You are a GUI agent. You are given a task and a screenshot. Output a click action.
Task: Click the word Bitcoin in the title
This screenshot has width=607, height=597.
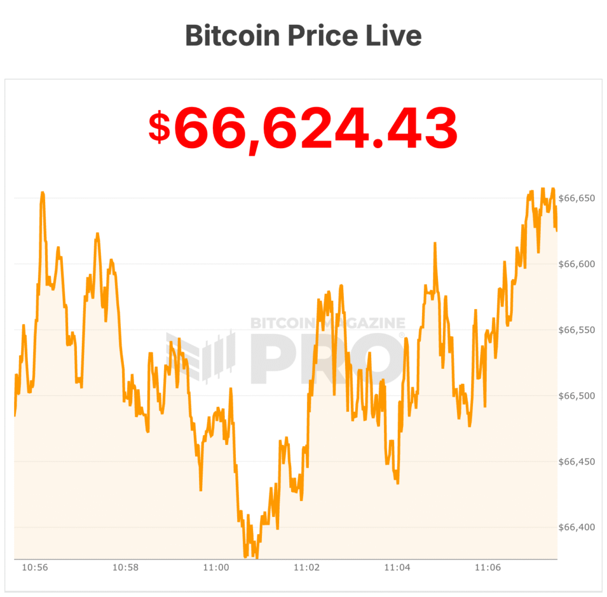(231, 36)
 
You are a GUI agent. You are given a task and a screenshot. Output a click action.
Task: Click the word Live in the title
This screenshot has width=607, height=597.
(394, 36)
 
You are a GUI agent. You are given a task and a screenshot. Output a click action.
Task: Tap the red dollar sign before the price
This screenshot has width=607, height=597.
(159, 129)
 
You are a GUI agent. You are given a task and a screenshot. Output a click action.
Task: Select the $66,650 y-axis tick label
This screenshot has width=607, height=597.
(577, 198)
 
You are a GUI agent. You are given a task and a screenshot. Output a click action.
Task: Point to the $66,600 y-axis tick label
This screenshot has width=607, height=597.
(577, 264)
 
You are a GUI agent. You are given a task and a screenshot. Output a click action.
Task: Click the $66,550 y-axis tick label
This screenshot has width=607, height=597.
(577, 330)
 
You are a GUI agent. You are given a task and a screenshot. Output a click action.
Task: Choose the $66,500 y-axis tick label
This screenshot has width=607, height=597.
(577, 396)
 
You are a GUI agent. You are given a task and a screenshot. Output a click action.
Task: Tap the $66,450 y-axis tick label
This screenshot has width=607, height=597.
(577, 461)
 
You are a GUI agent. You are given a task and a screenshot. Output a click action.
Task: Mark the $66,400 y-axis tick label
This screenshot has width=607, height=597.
(577, 527)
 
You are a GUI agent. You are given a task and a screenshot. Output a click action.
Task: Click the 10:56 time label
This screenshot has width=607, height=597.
(35, 567)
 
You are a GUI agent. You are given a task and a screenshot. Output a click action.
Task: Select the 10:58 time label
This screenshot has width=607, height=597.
(126, 567)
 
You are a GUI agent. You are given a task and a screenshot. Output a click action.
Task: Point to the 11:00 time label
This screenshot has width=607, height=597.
(216, 567)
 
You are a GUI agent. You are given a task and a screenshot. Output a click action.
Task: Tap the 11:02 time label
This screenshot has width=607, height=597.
(306, 567)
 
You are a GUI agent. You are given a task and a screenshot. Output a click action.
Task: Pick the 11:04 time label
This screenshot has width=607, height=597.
(397, 567)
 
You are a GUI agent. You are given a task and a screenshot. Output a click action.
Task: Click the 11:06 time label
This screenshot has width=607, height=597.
(488, 567)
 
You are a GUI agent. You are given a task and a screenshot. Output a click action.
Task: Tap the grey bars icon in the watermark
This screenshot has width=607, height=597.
(202, 355)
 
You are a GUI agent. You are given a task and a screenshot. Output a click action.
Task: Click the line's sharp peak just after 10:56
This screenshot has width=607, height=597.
(43, 193)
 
